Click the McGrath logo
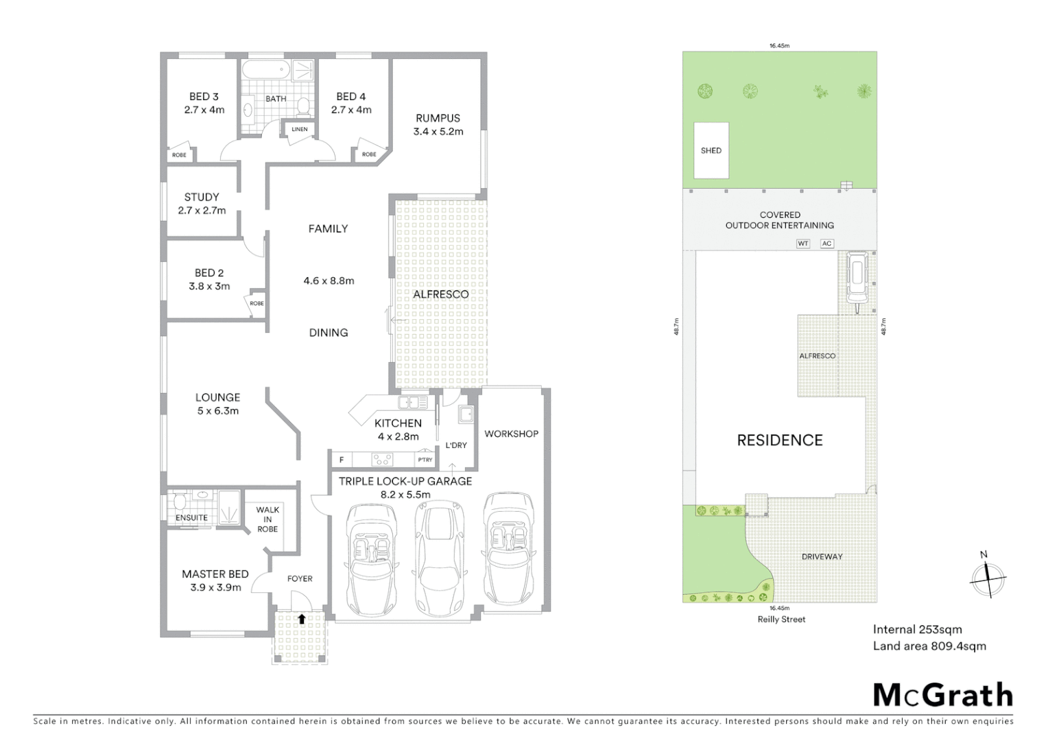coord(943,695)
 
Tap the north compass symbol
coord(987,578)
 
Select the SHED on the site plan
coord(711,150)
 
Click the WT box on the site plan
coord(803,244)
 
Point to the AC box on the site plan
coord(826,244)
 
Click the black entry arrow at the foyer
coord(301,619)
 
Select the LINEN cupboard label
coord(300,129)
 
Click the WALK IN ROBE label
coord(267,519)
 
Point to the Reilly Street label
coord(781,619)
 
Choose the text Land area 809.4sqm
coord(929,646)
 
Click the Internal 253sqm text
coord(917,629)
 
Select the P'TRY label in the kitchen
coord(425,460)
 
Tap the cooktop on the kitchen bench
coord(382,460)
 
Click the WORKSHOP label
coord(511,434)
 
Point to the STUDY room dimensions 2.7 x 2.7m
coord(202,211)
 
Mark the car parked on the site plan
coord(857,277)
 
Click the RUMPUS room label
coord(438,118)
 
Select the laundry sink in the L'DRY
coord(466,414)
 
